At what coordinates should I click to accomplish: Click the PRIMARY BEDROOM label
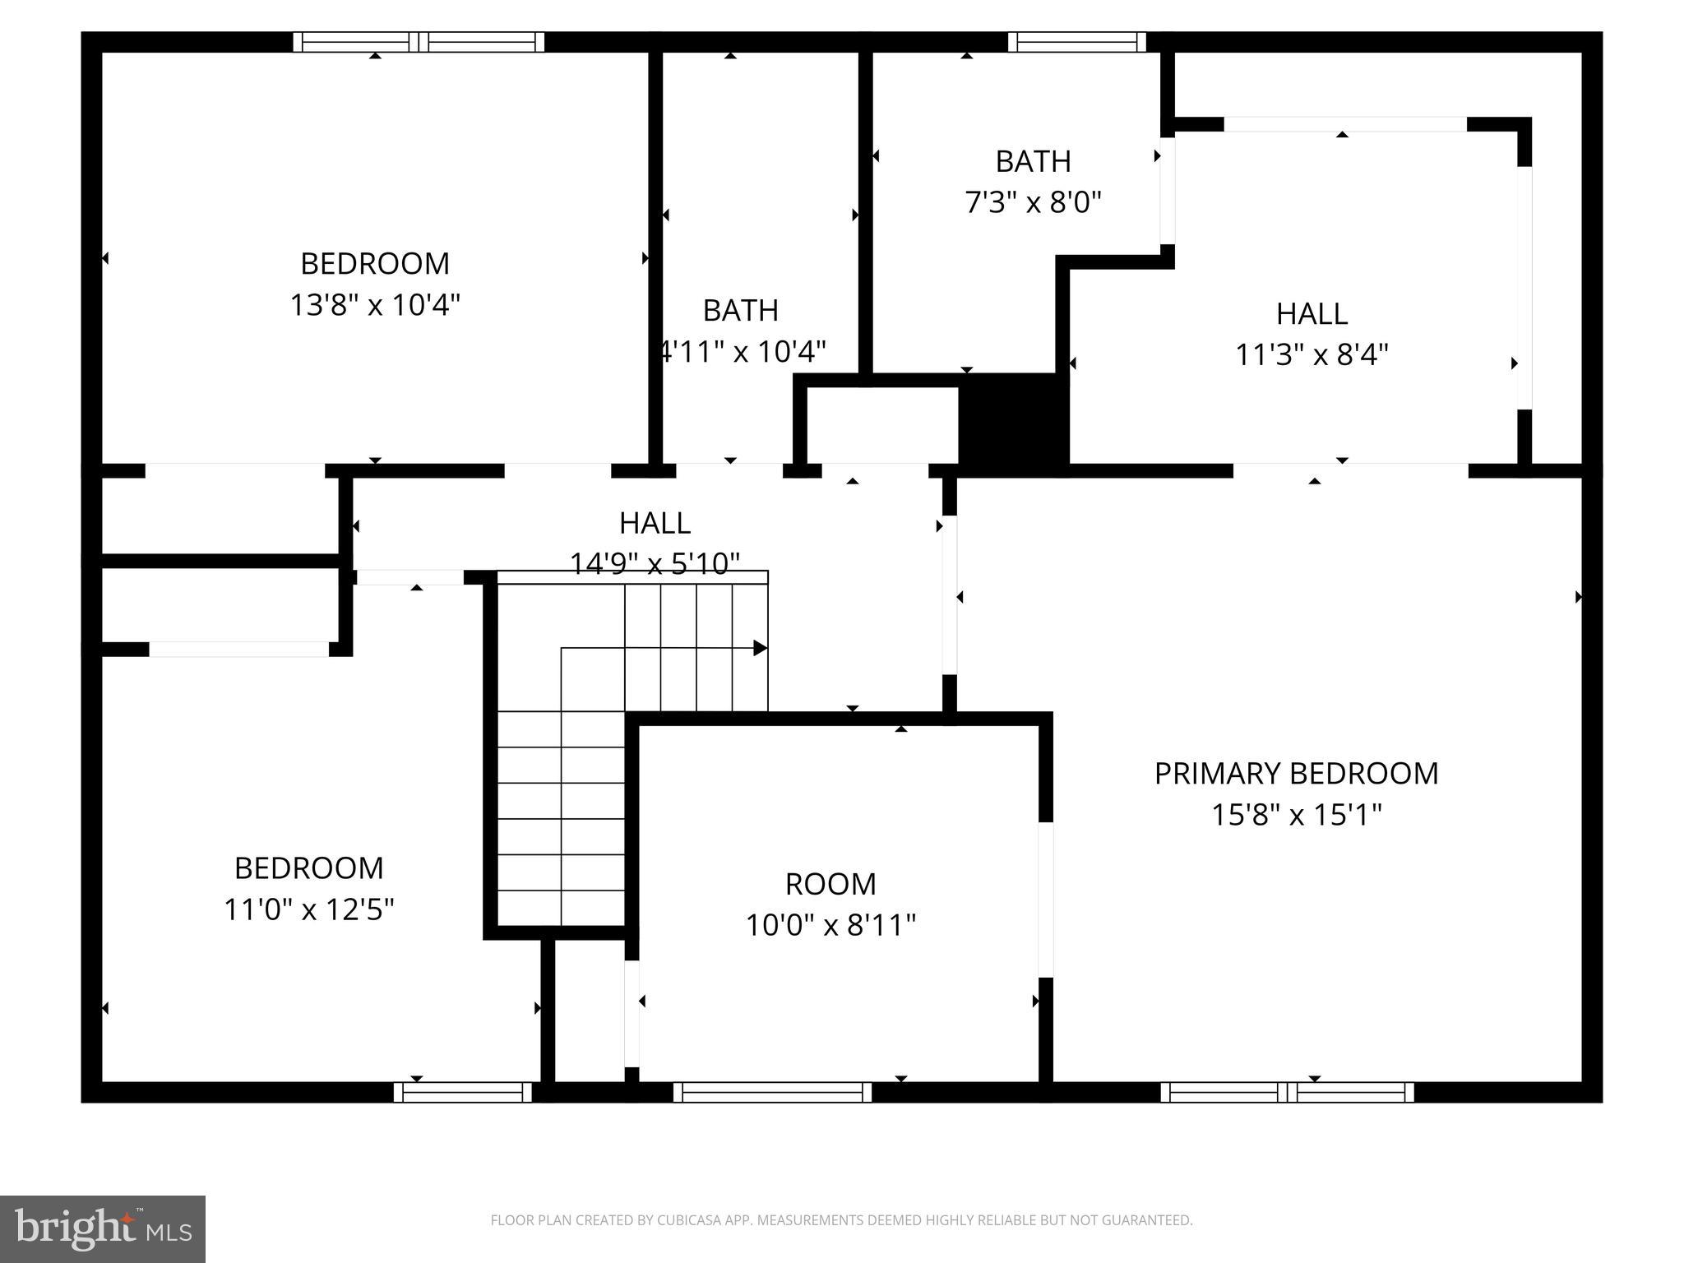[1296, 774]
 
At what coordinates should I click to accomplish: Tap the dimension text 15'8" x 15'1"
[1296, 815]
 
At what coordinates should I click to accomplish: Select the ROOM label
[830, 884]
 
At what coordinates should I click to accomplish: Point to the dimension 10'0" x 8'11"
[830, 925]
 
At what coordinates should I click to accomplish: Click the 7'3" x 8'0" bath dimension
[1033, 201]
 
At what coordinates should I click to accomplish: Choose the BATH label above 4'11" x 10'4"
[741, 311]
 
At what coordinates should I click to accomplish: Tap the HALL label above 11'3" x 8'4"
[1312, 314]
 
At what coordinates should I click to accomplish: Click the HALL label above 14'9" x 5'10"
[655, 523]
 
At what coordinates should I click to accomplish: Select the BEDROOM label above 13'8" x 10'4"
[375, 264]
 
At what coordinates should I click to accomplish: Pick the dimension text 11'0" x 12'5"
[309, 909]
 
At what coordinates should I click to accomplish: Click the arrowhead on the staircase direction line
[761, 648]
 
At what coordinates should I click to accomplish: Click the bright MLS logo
[103, 1228]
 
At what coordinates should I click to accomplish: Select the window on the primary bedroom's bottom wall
[1287, 1092]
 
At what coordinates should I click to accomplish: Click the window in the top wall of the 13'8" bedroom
[419, 42]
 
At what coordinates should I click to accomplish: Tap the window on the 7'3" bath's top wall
[1076, 42]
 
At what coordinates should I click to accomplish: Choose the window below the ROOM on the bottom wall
[772, 1092]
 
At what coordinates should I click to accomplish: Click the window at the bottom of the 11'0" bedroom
[463, 1092]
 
